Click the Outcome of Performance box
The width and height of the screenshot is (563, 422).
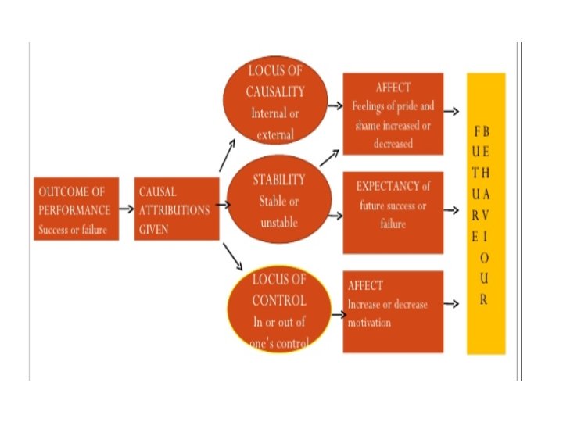click(76, 209)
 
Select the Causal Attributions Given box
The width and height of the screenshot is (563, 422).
click(176, 209)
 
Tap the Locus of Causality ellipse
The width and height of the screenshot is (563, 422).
click(274, 102)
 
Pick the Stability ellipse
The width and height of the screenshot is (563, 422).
click(273, 201)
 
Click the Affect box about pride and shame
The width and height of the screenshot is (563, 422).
click(393, 113)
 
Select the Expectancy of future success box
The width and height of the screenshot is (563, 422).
click(393, 212)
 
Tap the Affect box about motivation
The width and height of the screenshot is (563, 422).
click(393, 311)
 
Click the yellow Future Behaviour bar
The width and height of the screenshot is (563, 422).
click(486, 213)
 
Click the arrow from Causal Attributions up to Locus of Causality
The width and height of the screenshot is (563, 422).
click(228, 156)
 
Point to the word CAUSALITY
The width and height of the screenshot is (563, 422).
click(275, 92)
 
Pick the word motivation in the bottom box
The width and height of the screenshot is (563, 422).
click(369, 320)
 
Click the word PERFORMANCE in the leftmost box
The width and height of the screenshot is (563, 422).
click(75, 209)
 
